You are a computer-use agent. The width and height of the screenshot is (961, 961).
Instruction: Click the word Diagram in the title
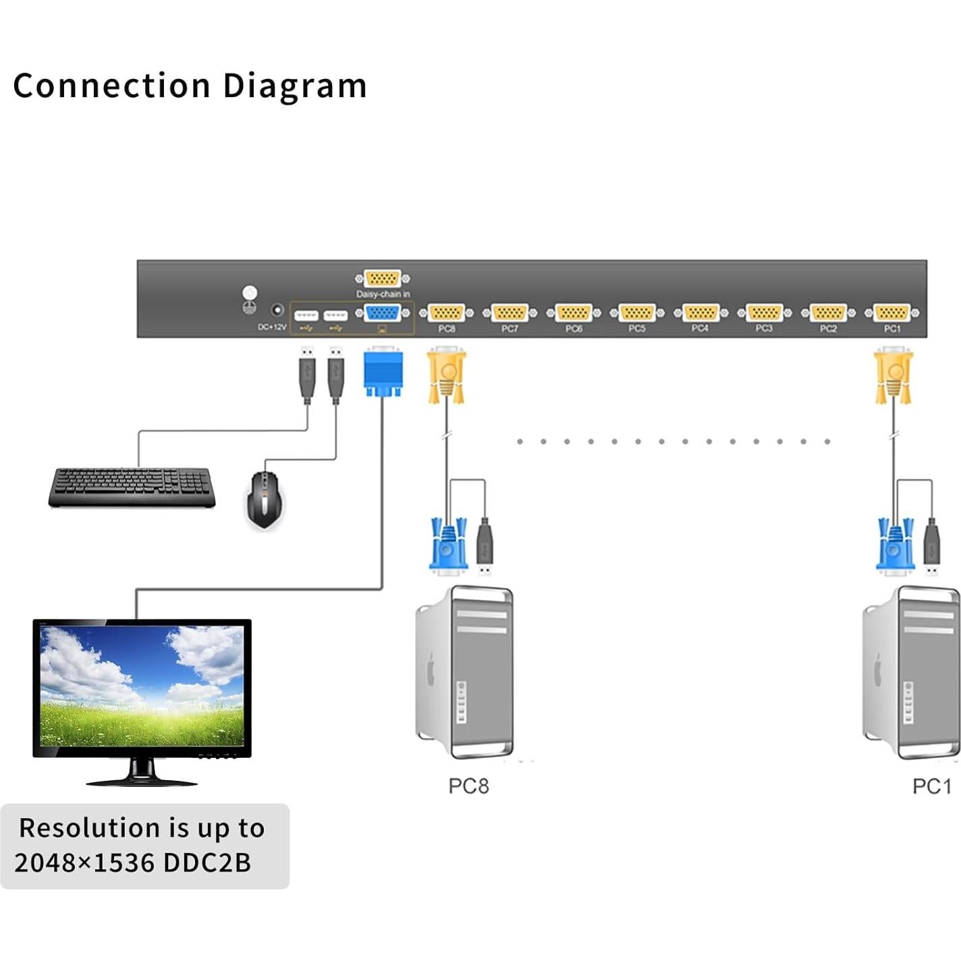[x=294, y=86]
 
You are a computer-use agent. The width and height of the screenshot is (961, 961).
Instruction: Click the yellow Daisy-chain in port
[x=383, y=278]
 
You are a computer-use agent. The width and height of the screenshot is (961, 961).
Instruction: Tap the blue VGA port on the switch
[x=383, y=313]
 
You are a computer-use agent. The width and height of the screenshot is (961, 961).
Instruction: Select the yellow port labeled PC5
[x=637, y=313]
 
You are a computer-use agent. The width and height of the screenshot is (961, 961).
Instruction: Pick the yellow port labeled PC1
[x=891, y=313]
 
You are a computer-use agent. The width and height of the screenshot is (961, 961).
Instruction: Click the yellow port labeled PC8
[x=446, y=313]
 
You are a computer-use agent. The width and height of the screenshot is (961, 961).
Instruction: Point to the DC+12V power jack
[x=277, y=310]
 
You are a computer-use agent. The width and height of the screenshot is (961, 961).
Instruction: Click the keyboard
[x=132, y=487]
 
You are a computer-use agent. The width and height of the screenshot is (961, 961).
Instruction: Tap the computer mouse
[x=264, y=499]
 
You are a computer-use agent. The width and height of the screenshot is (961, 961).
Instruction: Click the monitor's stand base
[x=142, y=781]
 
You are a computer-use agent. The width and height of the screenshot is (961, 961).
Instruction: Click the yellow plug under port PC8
[x=446, y=375]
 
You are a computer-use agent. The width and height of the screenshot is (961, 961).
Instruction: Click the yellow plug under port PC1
[x=893, y=375]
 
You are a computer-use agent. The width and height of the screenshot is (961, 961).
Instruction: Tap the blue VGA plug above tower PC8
[x=448, y=545]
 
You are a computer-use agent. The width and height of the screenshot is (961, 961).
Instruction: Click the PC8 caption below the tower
[x=468, y=786]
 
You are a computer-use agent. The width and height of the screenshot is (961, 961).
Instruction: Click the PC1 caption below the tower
[x=931, y=786]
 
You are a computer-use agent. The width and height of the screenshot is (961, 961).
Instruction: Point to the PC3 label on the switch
[x=764, y=329]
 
